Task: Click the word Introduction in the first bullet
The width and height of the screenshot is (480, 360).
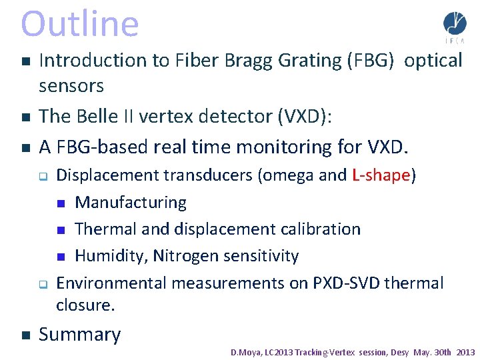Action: coord(93,61)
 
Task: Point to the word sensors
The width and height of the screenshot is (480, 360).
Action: coord(71,86)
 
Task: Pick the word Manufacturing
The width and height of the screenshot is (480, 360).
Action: coord(131,202)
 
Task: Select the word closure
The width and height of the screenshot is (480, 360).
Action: coord(85,305)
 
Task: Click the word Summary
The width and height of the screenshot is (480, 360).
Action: coord(80,335)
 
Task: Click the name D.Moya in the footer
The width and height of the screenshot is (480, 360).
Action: coord(245,352)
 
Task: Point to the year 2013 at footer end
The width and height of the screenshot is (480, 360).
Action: coord(465,352)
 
